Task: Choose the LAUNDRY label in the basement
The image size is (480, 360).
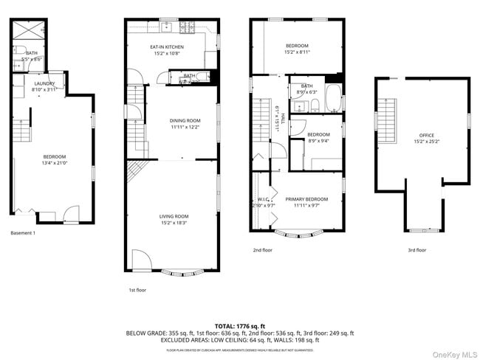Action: point(44,83)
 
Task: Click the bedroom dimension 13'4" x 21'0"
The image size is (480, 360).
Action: point(54,162)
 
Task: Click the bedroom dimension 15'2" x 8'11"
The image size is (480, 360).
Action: point(296,52)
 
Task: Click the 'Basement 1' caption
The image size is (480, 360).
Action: point(23,233)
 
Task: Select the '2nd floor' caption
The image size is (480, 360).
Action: point(262,250)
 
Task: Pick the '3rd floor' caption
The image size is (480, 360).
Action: point(417,250)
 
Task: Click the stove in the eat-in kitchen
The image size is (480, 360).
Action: point(186,29)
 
